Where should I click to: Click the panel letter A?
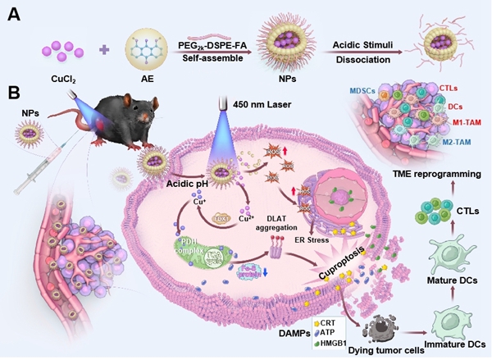(13, 16)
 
